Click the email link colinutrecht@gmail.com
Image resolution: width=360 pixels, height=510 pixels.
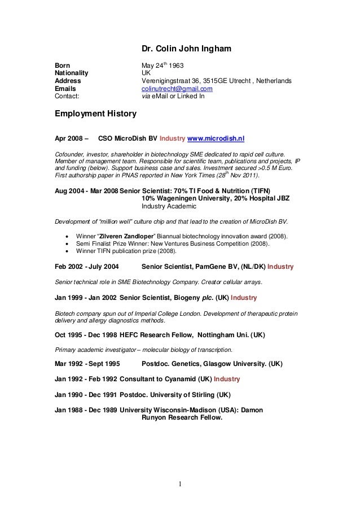point(176,89)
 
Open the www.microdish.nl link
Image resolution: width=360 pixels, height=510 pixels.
point(216,137)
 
